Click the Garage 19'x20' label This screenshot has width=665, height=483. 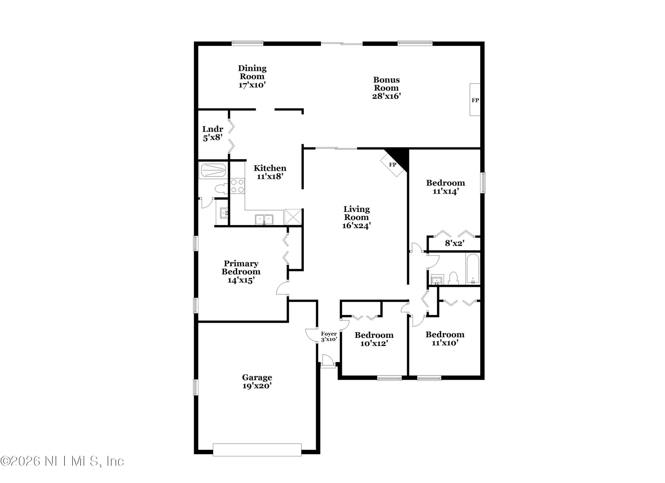point(257,381)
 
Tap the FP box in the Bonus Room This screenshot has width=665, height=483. point(475,100)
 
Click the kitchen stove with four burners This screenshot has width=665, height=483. point(237,186)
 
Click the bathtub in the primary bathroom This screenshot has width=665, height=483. point(213,170)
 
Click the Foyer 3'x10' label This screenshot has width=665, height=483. point(329,337)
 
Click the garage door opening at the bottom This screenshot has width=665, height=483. point(257,450)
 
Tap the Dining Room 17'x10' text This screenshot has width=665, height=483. point(252,76)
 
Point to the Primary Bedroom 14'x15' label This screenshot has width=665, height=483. point(241,272)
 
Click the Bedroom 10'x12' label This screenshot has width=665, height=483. point(374,339)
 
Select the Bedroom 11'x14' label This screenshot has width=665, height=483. point(445,187)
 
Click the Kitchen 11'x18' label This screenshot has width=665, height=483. point(270,172)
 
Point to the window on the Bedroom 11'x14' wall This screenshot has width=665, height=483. point(483,182)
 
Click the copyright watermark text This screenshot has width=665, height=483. point(62,461)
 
